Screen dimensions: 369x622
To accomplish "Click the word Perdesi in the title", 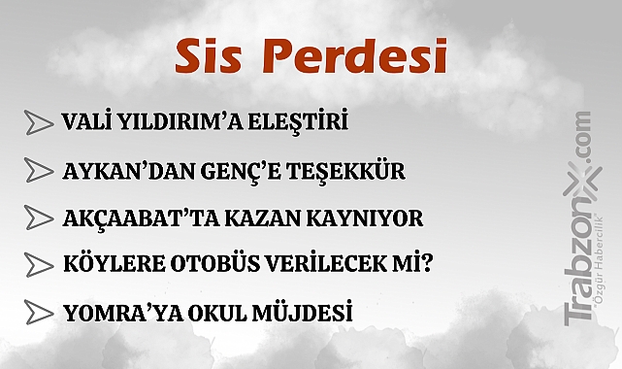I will point(356,57).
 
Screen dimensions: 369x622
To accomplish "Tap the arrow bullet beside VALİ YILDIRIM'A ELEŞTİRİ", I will point(38,122).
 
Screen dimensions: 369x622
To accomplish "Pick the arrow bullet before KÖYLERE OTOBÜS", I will point(38,263).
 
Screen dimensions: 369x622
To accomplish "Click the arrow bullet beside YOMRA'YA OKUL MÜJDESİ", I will point(38,313).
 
